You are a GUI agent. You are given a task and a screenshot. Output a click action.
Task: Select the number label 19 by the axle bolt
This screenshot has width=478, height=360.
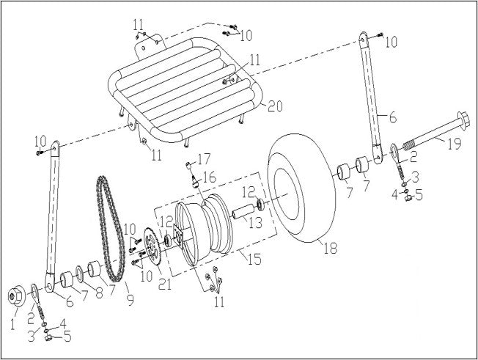(x=454, y=144)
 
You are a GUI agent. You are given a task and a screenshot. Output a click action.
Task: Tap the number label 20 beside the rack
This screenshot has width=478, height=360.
(x=274, y=107)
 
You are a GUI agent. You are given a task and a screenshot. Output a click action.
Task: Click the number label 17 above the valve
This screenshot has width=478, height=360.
(x=203, y=158)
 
